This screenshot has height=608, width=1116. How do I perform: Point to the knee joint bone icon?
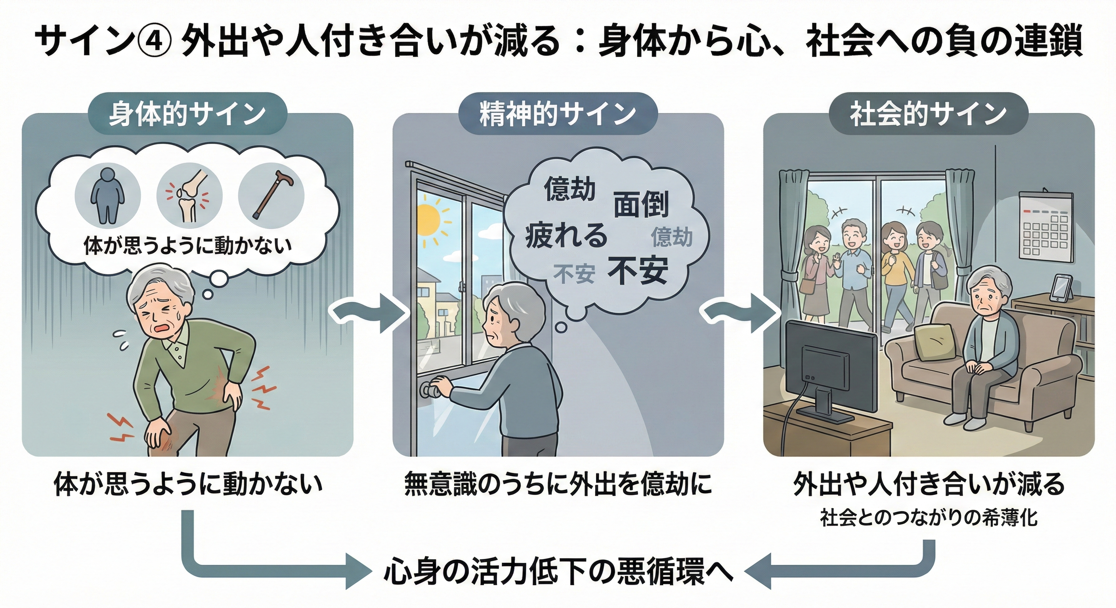189,196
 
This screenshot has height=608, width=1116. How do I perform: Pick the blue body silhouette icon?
107,196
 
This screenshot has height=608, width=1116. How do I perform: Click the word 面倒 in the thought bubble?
641,204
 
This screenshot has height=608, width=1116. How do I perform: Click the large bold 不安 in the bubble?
638,270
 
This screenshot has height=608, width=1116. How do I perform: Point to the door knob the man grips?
431,390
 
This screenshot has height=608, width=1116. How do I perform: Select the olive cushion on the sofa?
936,342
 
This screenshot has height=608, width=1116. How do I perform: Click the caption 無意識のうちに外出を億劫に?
558,483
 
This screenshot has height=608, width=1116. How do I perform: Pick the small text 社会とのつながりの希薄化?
929,518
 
